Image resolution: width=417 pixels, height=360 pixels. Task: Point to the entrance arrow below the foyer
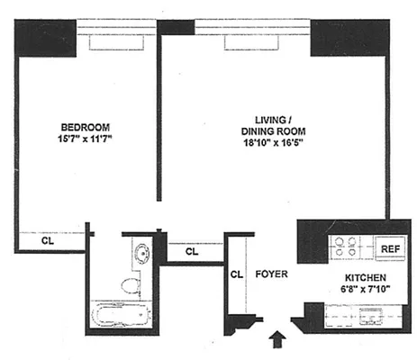[277, 340]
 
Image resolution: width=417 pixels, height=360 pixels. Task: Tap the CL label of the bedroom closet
[50, 241]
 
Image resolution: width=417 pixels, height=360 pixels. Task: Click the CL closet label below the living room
[191, 252]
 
